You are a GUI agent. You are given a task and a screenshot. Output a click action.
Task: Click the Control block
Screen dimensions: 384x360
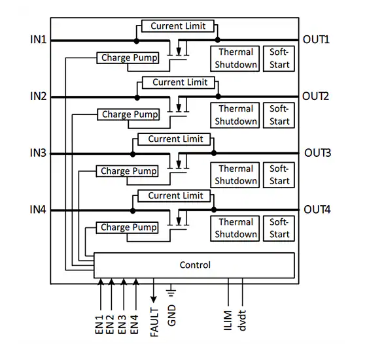[194, 265]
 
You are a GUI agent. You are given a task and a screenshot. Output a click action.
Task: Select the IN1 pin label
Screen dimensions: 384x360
[38, 40]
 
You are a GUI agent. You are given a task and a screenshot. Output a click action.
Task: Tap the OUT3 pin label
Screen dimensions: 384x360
[318, 153]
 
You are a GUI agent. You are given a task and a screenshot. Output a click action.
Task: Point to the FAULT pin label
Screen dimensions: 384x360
[154, 322]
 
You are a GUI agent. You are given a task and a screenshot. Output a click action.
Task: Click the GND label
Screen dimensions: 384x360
[171, 315]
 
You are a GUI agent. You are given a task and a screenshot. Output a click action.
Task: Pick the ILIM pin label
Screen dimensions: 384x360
[228, 320]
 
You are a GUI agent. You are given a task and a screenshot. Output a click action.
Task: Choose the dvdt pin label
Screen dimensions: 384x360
[241, 320]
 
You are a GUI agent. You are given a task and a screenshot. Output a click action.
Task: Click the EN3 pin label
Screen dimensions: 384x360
[122, 324]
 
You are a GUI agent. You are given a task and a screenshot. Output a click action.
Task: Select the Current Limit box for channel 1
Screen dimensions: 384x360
[178, 26]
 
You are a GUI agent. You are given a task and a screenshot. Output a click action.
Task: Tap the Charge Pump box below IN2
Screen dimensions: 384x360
[128, 114]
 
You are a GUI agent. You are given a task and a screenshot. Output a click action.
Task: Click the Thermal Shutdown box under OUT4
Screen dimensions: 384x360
[235, 229]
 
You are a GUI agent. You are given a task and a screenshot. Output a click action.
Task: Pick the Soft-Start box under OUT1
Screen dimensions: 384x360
[279, 59]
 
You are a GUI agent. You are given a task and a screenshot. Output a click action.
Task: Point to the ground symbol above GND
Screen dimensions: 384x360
[171, 290]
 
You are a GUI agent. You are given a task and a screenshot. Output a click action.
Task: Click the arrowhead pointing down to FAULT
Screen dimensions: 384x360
[154, 299]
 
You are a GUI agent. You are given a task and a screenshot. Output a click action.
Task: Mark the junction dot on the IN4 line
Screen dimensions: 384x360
[133, 210]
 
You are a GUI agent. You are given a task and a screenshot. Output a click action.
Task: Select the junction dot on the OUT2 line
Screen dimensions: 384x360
[218, 97]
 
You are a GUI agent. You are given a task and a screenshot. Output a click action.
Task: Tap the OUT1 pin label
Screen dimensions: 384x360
[316, 40]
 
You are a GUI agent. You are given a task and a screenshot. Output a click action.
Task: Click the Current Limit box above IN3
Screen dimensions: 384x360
[174, 139]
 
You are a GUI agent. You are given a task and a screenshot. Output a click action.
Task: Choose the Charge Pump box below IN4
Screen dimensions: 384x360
[127, 227]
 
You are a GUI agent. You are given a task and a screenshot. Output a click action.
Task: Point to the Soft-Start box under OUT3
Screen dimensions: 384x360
[279, 175]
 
